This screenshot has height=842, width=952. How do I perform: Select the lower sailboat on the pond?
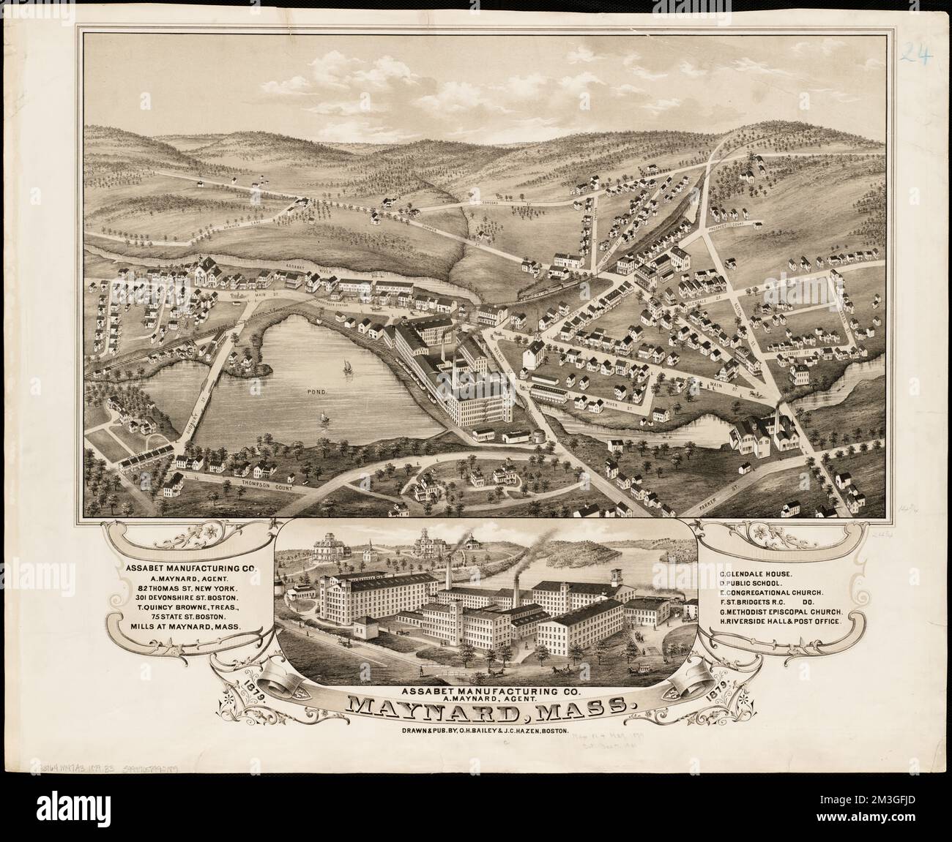[321, 418]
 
